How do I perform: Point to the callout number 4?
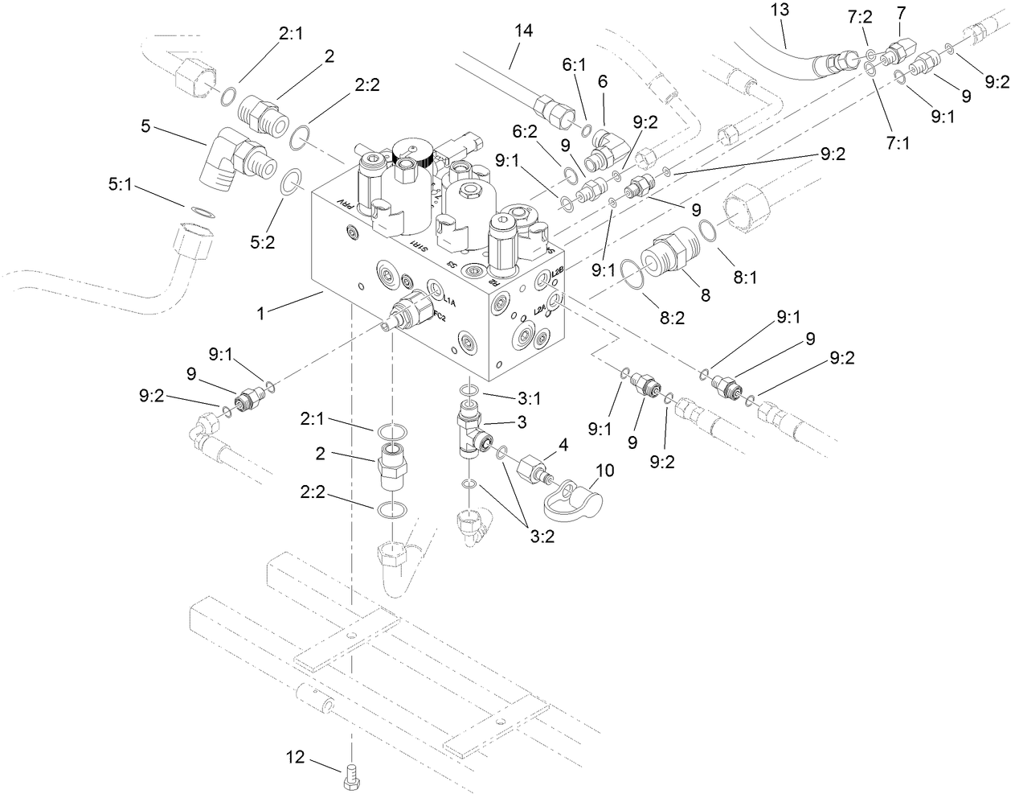(x=561, y=443)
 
